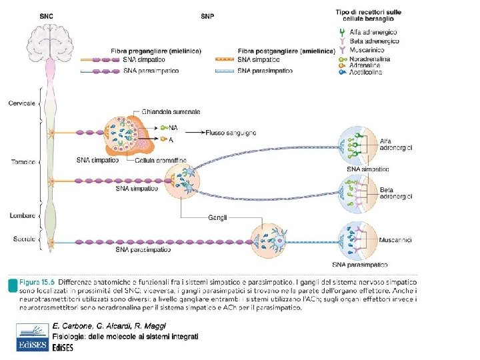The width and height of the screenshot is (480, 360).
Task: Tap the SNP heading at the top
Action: (208, 15)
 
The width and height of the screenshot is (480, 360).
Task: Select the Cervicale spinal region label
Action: (23, 103)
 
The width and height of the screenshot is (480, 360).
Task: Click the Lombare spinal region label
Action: (22, 215)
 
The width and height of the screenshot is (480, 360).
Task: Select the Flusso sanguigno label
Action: (231, 133)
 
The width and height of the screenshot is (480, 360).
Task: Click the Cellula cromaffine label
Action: (160, 161)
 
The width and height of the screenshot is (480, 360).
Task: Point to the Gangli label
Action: (217, 217)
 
